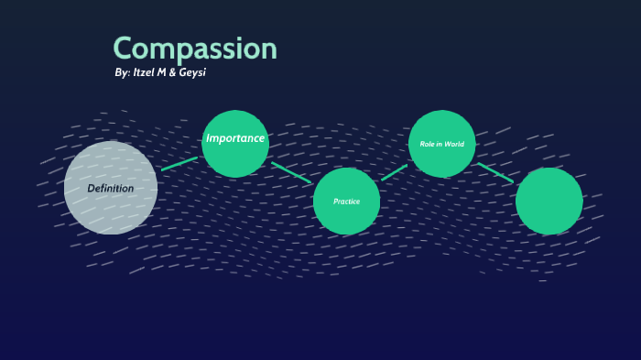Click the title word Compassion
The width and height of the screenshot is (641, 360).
click(x=194, y=49)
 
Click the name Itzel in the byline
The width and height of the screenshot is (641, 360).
click(x=147, y=72)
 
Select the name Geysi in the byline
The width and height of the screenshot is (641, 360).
click(x=190, y=72)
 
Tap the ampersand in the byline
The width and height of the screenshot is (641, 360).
click(x=172, y=72)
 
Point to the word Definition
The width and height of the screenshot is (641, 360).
click(x=110, y=189)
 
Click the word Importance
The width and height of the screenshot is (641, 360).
click(x=235, y=138)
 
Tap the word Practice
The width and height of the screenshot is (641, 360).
click(x=346, y=201)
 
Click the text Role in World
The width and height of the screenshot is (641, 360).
click(x=442, y=144)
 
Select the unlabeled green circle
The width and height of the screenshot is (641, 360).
click(x=549, y=201)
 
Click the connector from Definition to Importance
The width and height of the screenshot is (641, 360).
click(x=179, y=164)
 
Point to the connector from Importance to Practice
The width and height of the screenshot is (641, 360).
click(x=291, y=172)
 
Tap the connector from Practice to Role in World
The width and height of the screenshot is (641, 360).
click(x=394, y=172)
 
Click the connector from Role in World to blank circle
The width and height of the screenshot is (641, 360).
click(x=495, y=172)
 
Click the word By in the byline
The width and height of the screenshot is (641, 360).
click(x=123, y=72)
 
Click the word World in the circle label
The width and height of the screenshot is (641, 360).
click(x=455, y=144)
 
